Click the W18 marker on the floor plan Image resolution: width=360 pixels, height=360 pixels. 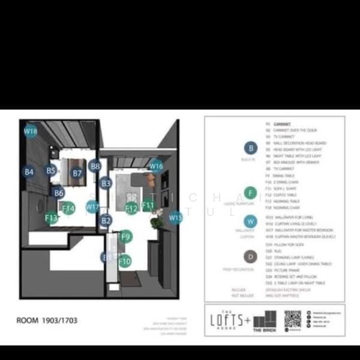pyautogui.click(x=31, y=130)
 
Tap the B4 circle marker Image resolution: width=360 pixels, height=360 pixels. pyautogui.click(x=28, y=172)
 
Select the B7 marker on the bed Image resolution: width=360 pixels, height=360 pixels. pyautogui.click(x=77, y=173)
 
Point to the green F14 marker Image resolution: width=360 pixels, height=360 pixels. pyautogui.click(x=68, y=208)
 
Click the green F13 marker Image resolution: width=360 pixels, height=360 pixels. pyautogui.click(x=51, y=218)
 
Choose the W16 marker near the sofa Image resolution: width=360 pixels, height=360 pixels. pyautogui.click(x=156, y=166)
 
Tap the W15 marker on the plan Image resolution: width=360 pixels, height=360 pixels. pyautogui.click(x=175, y=217)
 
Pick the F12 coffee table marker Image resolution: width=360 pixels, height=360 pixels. pyautogui.click(x=131, y=208)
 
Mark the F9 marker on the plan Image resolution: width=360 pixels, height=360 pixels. pyautogui.click(x=125, y=236)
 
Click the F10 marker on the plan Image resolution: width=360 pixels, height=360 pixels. pyautogui.click(x=124, y=261)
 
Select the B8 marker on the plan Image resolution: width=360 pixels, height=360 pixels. pyautogui.click(x=95, y=166)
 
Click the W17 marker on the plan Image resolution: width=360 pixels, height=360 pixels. pyautogui.click(x=92, y=207)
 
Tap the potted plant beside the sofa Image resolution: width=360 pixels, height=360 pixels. pyautogui.click(x=157, y=223)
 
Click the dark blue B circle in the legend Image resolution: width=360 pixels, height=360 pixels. pyautogui.click(x=251, y=148)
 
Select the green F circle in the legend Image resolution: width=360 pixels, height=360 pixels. pyautogui.click(x=251, y=193)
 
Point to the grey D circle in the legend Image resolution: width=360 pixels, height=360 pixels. pyautogui.click(x=251, y=257)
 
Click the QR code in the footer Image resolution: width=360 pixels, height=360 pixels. pyautogui.click(x=292, y=319)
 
